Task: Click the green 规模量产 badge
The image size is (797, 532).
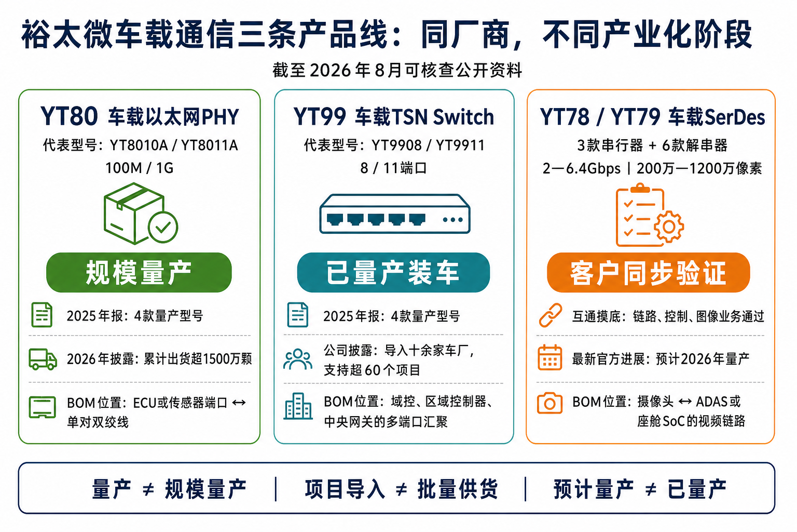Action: coord(139,273)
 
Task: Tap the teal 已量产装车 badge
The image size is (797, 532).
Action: coord(393,273)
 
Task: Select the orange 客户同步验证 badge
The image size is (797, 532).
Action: coord(648,273)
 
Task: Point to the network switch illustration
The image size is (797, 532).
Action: coord(394,214)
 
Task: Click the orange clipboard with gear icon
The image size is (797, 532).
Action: coord(650,215)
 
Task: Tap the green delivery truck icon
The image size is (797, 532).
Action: coord(43,359)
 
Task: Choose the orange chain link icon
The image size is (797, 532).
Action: coord(550,315)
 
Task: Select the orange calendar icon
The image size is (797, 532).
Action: coord(549,358)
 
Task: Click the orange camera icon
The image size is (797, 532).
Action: coord(549,403)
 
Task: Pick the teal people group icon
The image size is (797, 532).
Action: coord(298,359)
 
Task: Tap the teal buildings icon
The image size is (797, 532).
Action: coord(298,406)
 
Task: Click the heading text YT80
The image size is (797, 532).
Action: coord(69,116)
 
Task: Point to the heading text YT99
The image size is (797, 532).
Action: coord(319,116)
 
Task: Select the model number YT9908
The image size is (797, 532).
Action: coord(396,145)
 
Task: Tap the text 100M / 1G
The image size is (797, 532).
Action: coord(140,168)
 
